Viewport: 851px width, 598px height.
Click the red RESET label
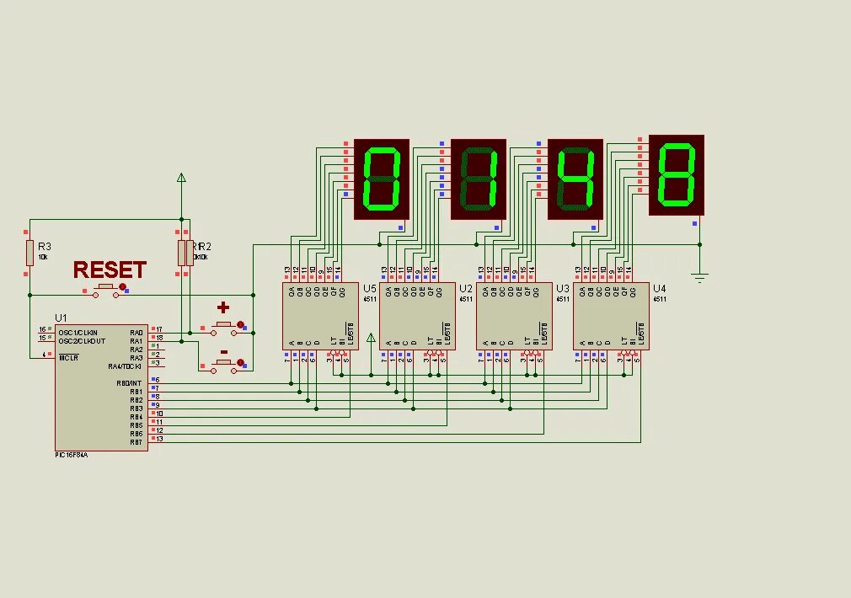coord(110,270)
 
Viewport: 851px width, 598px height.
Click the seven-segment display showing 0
coord(381,179)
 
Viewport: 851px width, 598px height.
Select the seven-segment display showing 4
coord(575,179)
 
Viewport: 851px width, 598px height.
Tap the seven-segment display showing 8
coord(676,175)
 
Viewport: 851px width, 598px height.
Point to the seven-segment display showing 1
coord(479,179)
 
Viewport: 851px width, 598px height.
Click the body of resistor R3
coord(29,252)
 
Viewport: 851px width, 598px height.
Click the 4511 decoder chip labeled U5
coord(321,316)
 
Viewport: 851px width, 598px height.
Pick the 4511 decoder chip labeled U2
coord(418,316)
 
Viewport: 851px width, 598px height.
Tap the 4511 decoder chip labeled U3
coord(515,316)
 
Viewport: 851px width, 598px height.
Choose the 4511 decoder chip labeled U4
coord(611,316)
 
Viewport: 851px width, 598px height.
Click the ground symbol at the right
coord(699,274)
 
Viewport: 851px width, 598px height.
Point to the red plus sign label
coord(223,307)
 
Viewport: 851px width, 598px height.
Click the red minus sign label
coord(223,352)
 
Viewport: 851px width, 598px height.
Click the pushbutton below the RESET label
coord(107,289)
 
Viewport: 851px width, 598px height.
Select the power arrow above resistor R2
coord(179,178)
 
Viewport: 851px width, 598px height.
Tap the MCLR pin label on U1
coord(68,357)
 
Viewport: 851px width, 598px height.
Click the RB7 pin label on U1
coord(136,442)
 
